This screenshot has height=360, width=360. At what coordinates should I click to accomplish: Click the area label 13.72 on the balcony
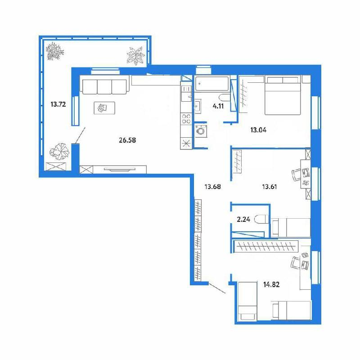58,104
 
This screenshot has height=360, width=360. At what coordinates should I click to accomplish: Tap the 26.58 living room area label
127,140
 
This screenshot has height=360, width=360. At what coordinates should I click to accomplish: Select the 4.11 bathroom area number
218,106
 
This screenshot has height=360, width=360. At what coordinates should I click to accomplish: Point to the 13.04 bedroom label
258,130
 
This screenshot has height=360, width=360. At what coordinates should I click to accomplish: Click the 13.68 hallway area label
212,187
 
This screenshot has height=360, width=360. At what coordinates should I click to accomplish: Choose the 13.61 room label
270,187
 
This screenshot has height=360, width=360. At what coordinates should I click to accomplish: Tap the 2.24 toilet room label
243,220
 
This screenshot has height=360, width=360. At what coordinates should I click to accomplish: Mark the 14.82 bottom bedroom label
271,285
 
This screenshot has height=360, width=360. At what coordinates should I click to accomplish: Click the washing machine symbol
201,131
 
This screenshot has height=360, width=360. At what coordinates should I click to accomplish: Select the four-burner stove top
186,119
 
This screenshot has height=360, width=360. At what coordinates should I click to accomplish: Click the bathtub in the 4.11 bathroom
211,84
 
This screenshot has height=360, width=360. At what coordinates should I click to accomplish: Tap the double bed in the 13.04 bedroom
283,95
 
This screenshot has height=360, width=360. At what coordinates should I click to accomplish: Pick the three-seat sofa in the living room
104,87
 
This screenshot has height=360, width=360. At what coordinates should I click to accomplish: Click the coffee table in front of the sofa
104,108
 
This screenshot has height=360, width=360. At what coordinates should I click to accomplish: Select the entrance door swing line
217,288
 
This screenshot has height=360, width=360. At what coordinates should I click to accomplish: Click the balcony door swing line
81,135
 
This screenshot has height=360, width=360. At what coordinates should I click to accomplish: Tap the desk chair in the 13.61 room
296,175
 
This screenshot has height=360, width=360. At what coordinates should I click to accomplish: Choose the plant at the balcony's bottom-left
59,152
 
